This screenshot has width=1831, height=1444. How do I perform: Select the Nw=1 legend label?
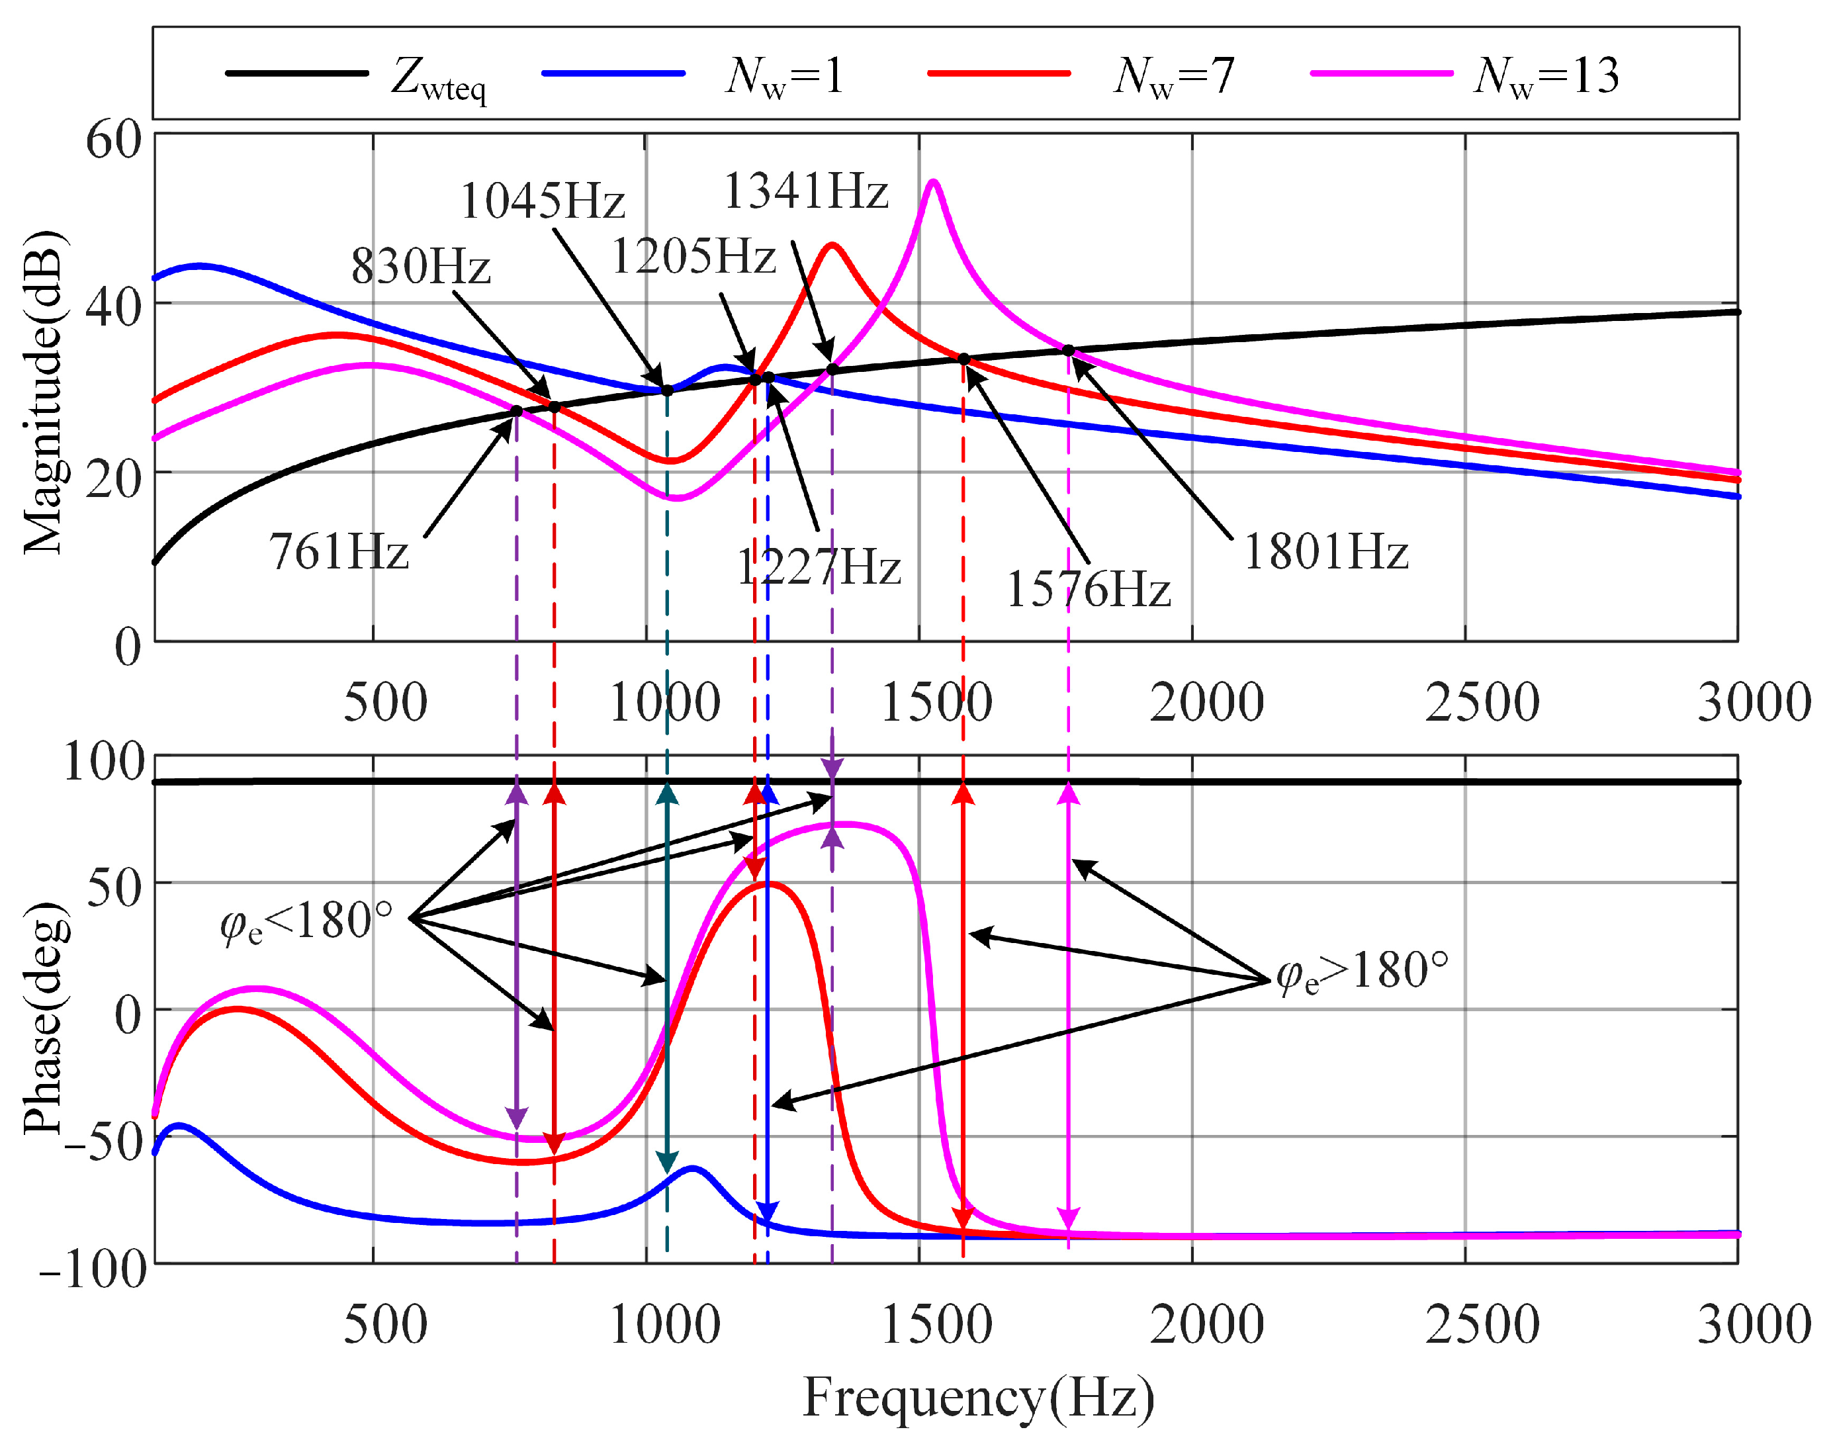(783, 76)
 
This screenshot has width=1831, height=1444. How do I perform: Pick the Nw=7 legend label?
(1173, 76)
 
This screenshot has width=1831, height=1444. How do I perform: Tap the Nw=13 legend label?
(1545, 76)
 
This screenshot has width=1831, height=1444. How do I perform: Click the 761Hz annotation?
(339, 551)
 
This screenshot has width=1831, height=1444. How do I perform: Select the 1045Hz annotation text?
(542, 201)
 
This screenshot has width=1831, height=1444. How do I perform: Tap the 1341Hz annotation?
(805, 191)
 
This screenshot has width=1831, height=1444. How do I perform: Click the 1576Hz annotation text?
(1088, 589)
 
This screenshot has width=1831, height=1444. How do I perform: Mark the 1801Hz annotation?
(1325, 552)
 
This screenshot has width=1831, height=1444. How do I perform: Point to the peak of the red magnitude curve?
(832, 244)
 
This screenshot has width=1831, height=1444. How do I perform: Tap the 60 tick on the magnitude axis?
(114, 140)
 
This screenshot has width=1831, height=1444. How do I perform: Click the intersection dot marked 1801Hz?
(1069, 350)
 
